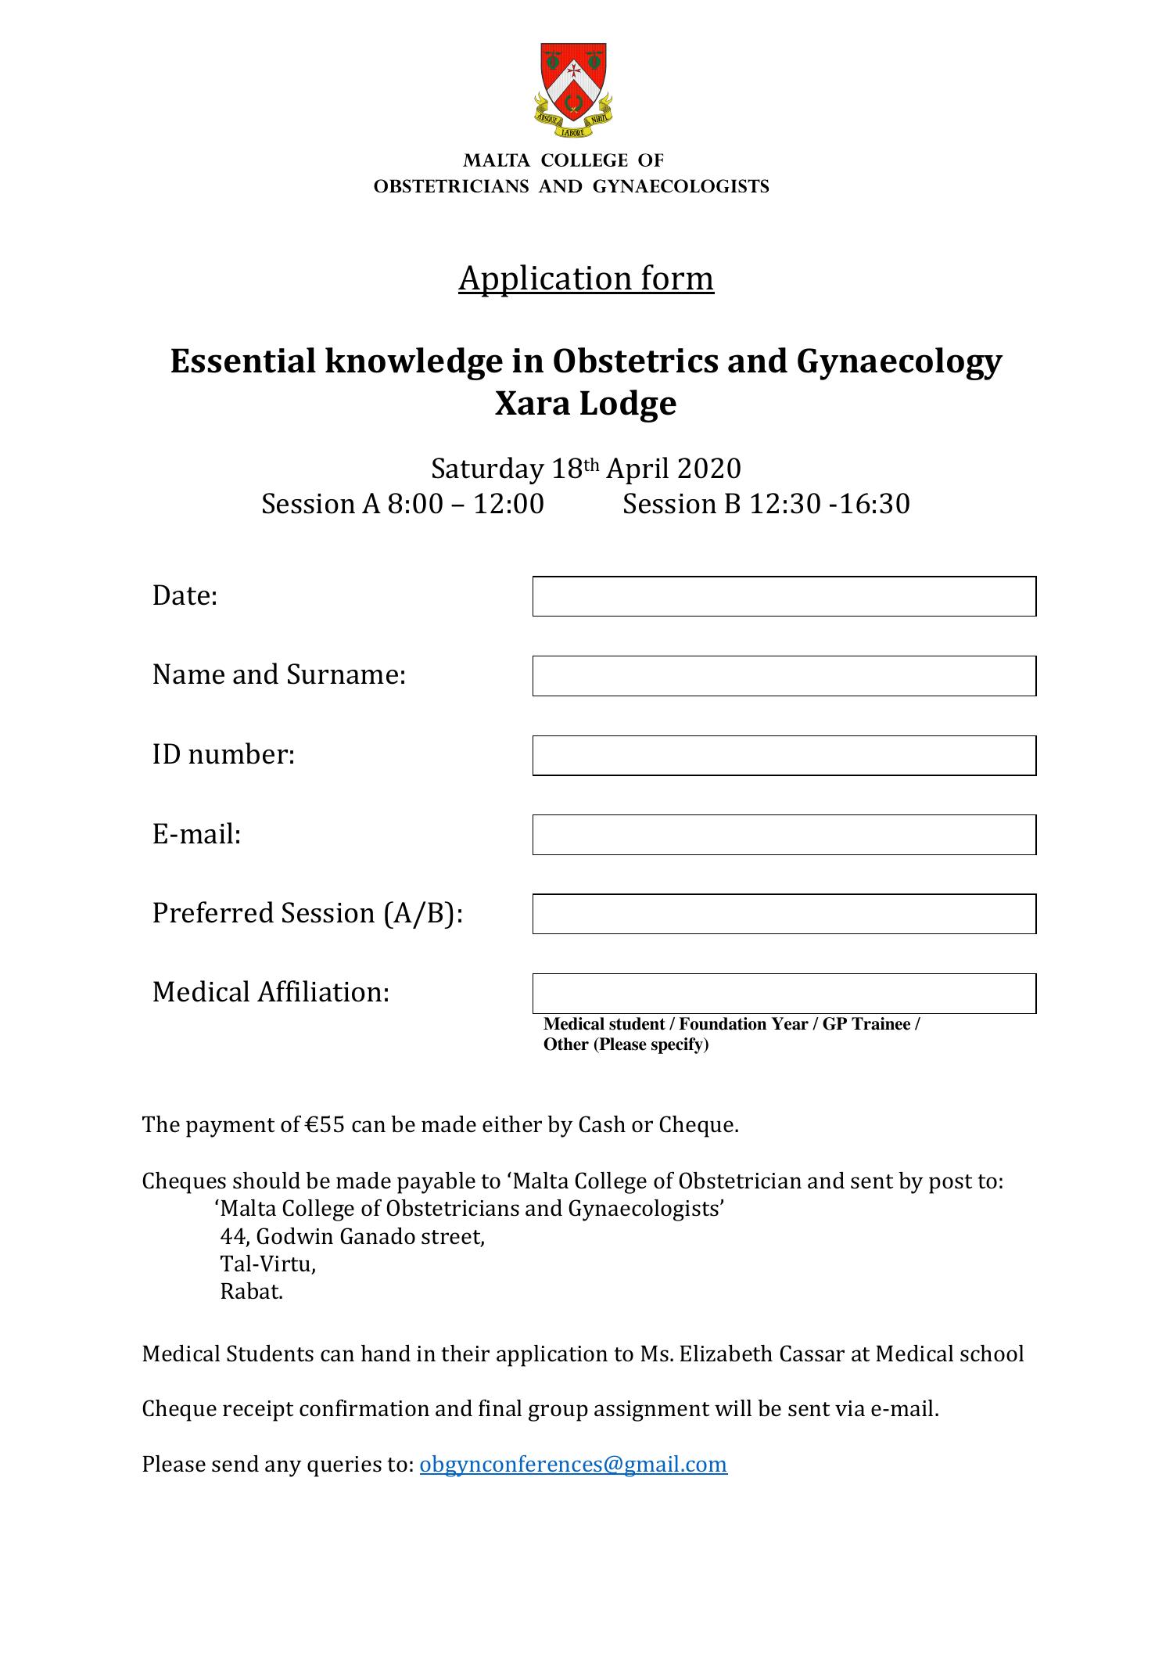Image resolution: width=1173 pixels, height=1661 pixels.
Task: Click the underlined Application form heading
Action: (x=586, y=279)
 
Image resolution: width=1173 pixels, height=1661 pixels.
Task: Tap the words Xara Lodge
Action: (x=585, y=404)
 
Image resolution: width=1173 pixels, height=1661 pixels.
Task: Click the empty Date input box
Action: (x=784, y=596)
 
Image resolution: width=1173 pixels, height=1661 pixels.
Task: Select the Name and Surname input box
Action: (x=784, y=676)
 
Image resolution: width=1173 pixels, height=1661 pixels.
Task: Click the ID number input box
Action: (x=784, y=756)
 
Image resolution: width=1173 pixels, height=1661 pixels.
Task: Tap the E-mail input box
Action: (x=784, y=835)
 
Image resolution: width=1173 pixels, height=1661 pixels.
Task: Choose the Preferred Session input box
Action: (x=784, y=914)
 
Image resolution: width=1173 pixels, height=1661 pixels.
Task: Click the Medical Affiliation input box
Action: (x=784, y=994)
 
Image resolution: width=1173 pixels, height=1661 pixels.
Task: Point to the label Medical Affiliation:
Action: (x=271, y=992)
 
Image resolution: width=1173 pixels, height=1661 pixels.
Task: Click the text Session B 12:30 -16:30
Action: (x=766, y=504)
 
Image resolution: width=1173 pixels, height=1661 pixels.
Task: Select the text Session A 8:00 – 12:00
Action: (x=402, y=504)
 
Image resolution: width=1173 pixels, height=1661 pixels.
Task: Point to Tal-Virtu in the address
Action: (x=267, y=1264)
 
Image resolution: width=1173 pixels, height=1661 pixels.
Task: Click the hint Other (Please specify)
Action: (x=626, y=1044)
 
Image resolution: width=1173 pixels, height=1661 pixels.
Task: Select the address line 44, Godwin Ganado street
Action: (x=352, y=1237)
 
